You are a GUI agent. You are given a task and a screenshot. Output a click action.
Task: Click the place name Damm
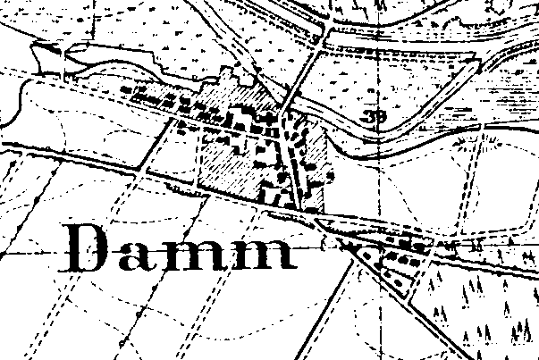coord(180,247)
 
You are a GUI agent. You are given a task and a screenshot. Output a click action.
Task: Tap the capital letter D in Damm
coord(90,247)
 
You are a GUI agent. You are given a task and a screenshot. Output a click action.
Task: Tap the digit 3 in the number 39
coord(369,117)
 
